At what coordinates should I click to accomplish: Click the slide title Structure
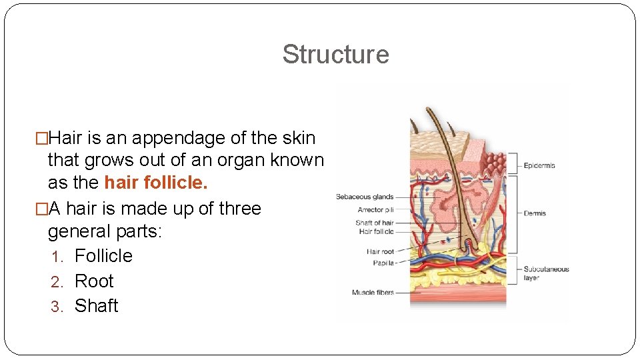[335, 54]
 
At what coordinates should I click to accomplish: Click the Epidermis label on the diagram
[539, 165]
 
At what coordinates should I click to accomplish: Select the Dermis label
[535, 213]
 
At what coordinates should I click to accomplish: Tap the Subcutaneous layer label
[546, 273]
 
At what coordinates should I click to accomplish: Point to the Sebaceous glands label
[365, 197]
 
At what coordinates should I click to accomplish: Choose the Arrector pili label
[375, 210]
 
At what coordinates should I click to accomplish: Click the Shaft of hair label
[374, 223]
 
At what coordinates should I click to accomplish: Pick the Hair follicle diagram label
[376, 231]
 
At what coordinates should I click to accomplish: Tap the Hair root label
[380, 251]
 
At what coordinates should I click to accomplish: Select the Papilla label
[383, 263]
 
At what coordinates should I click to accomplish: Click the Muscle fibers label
[373, 292]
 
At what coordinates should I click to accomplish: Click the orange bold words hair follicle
[156, 183]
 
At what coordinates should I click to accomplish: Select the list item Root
[94, 281]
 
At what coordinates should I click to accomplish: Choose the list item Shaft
[96, 305]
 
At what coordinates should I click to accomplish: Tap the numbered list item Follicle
[103, 255]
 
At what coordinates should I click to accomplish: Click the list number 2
[56, 281]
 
